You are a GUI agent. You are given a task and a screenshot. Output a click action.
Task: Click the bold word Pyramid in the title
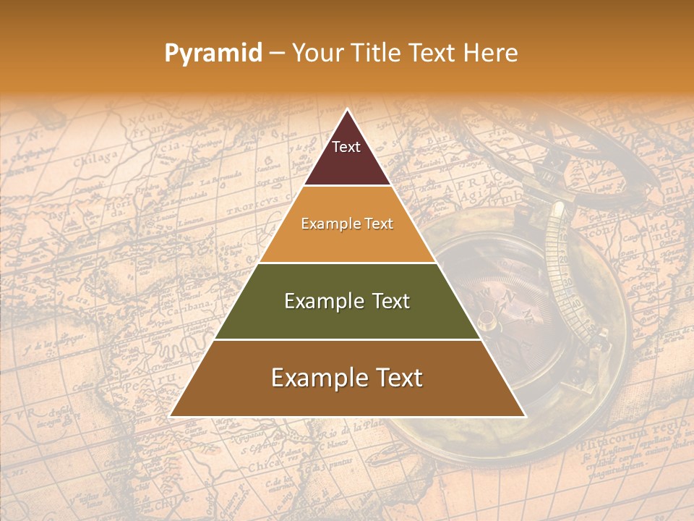(213, 53)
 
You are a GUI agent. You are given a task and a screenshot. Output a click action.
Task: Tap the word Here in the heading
(491, 53)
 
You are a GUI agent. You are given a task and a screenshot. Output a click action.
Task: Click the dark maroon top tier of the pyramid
(347, 156)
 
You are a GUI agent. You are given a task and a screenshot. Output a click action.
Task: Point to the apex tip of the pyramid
(347, 111)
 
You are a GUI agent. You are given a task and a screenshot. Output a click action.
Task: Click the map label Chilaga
(95, 158)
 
